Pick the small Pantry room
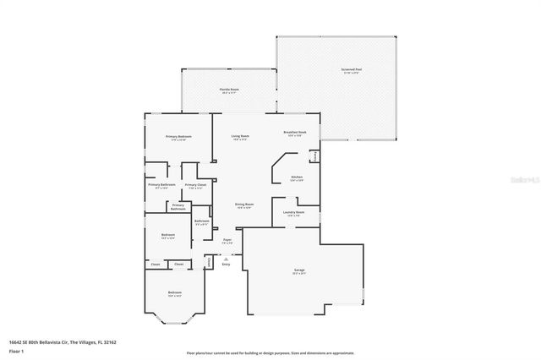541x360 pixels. pos(314,157)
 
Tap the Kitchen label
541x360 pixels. pos(297,177)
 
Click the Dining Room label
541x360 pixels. pos(244,205)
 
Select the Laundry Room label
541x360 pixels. pos(295,213)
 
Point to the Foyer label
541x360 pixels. pos(227,241)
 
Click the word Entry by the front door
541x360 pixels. pos(226,265)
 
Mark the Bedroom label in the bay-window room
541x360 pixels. pos(175,294)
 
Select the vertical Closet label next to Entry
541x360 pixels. pos(209,263)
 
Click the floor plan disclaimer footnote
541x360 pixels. pos(270,352)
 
